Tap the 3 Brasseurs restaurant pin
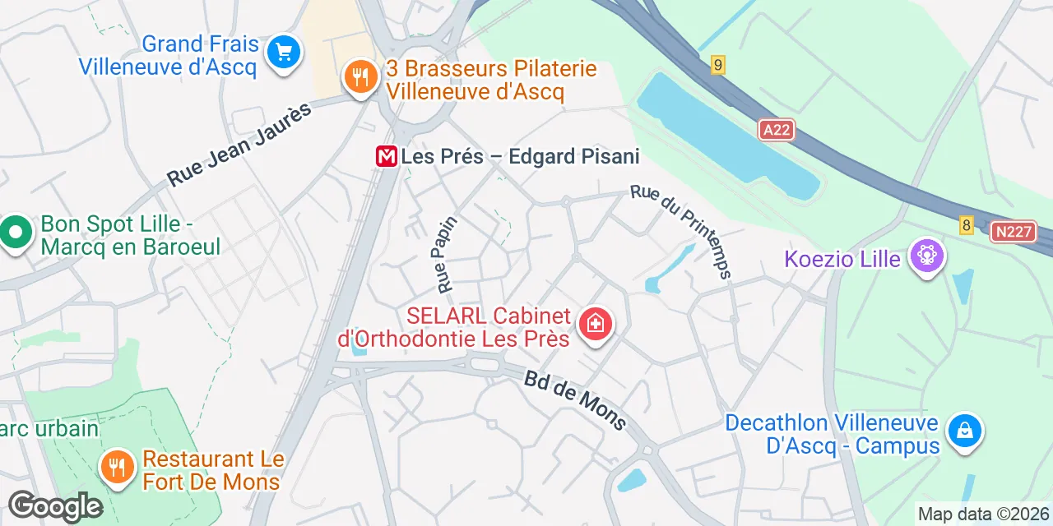(360, 78)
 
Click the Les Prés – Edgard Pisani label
(520, 156)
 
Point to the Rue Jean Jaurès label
(240, 144)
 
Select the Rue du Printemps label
(681, 231)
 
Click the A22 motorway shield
(777, 130)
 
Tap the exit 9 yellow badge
(718, 65)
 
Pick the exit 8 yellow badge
(967, 224)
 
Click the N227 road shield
(1012, 232)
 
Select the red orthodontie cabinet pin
(595, 324)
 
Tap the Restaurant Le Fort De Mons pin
(118, 467)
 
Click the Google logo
(55, 506)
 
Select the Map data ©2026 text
(984, 514)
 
